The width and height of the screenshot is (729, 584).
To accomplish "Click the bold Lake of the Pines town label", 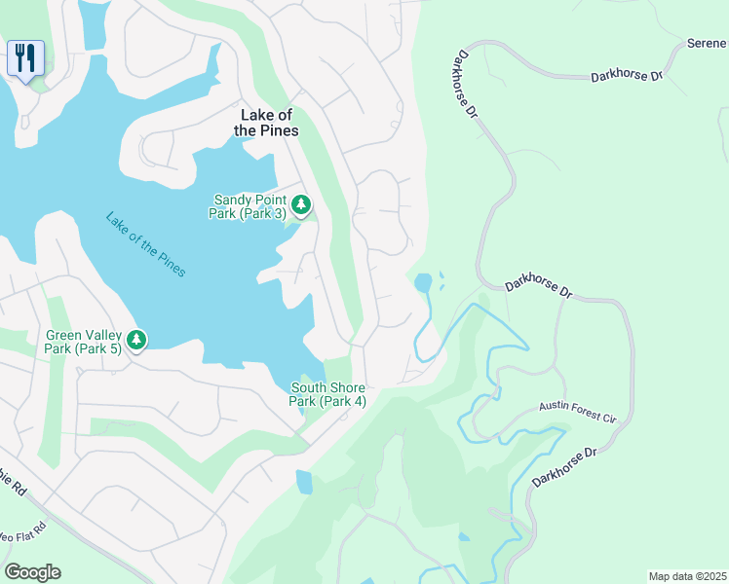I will click(269, 123).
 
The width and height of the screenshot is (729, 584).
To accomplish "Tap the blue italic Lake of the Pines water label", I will click(144, 244).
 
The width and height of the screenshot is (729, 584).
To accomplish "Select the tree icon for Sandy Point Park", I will click(302, 204).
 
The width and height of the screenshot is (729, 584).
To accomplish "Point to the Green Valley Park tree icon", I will click(137, 340).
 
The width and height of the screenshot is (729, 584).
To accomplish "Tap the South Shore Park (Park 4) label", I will click(327, 394).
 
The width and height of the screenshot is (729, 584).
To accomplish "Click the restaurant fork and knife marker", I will click(24, 56).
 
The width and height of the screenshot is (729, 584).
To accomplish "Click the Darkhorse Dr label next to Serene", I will click(627, 75).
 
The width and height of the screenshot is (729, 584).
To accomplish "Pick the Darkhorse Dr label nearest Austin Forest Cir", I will click(562, 468).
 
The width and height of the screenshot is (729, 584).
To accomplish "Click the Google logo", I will click(32, 572).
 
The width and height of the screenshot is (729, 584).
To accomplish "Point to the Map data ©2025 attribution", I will click(687, 576).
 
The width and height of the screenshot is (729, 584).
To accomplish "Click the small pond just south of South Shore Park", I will click(304, 482).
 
